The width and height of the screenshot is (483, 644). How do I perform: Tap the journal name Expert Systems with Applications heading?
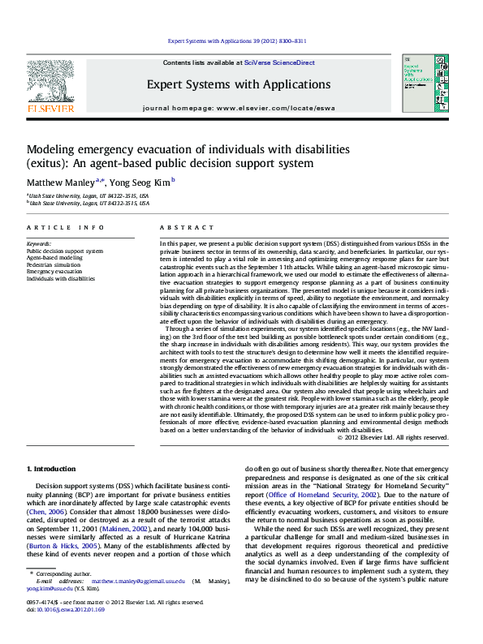click(238, 84)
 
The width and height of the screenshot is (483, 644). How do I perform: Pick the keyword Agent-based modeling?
click(54, 258)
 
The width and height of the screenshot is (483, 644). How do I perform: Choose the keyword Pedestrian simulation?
click(54, 264)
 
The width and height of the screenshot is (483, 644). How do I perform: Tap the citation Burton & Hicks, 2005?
click(60, 545)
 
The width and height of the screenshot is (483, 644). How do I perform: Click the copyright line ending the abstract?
click(403, 437)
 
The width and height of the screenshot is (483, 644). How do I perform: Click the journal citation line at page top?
click(237, 40)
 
